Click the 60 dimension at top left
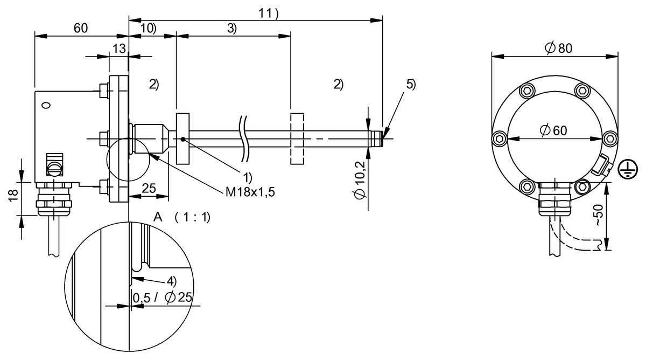point(81,29)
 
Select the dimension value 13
point(118,49)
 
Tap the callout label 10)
point(148,29)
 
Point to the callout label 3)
point(231,29)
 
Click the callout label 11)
point(269,15)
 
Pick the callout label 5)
point(411,85)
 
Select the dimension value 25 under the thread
point(149,188)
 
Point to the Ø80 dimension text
point(558,48)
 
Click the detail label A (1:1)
point(181,217)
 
